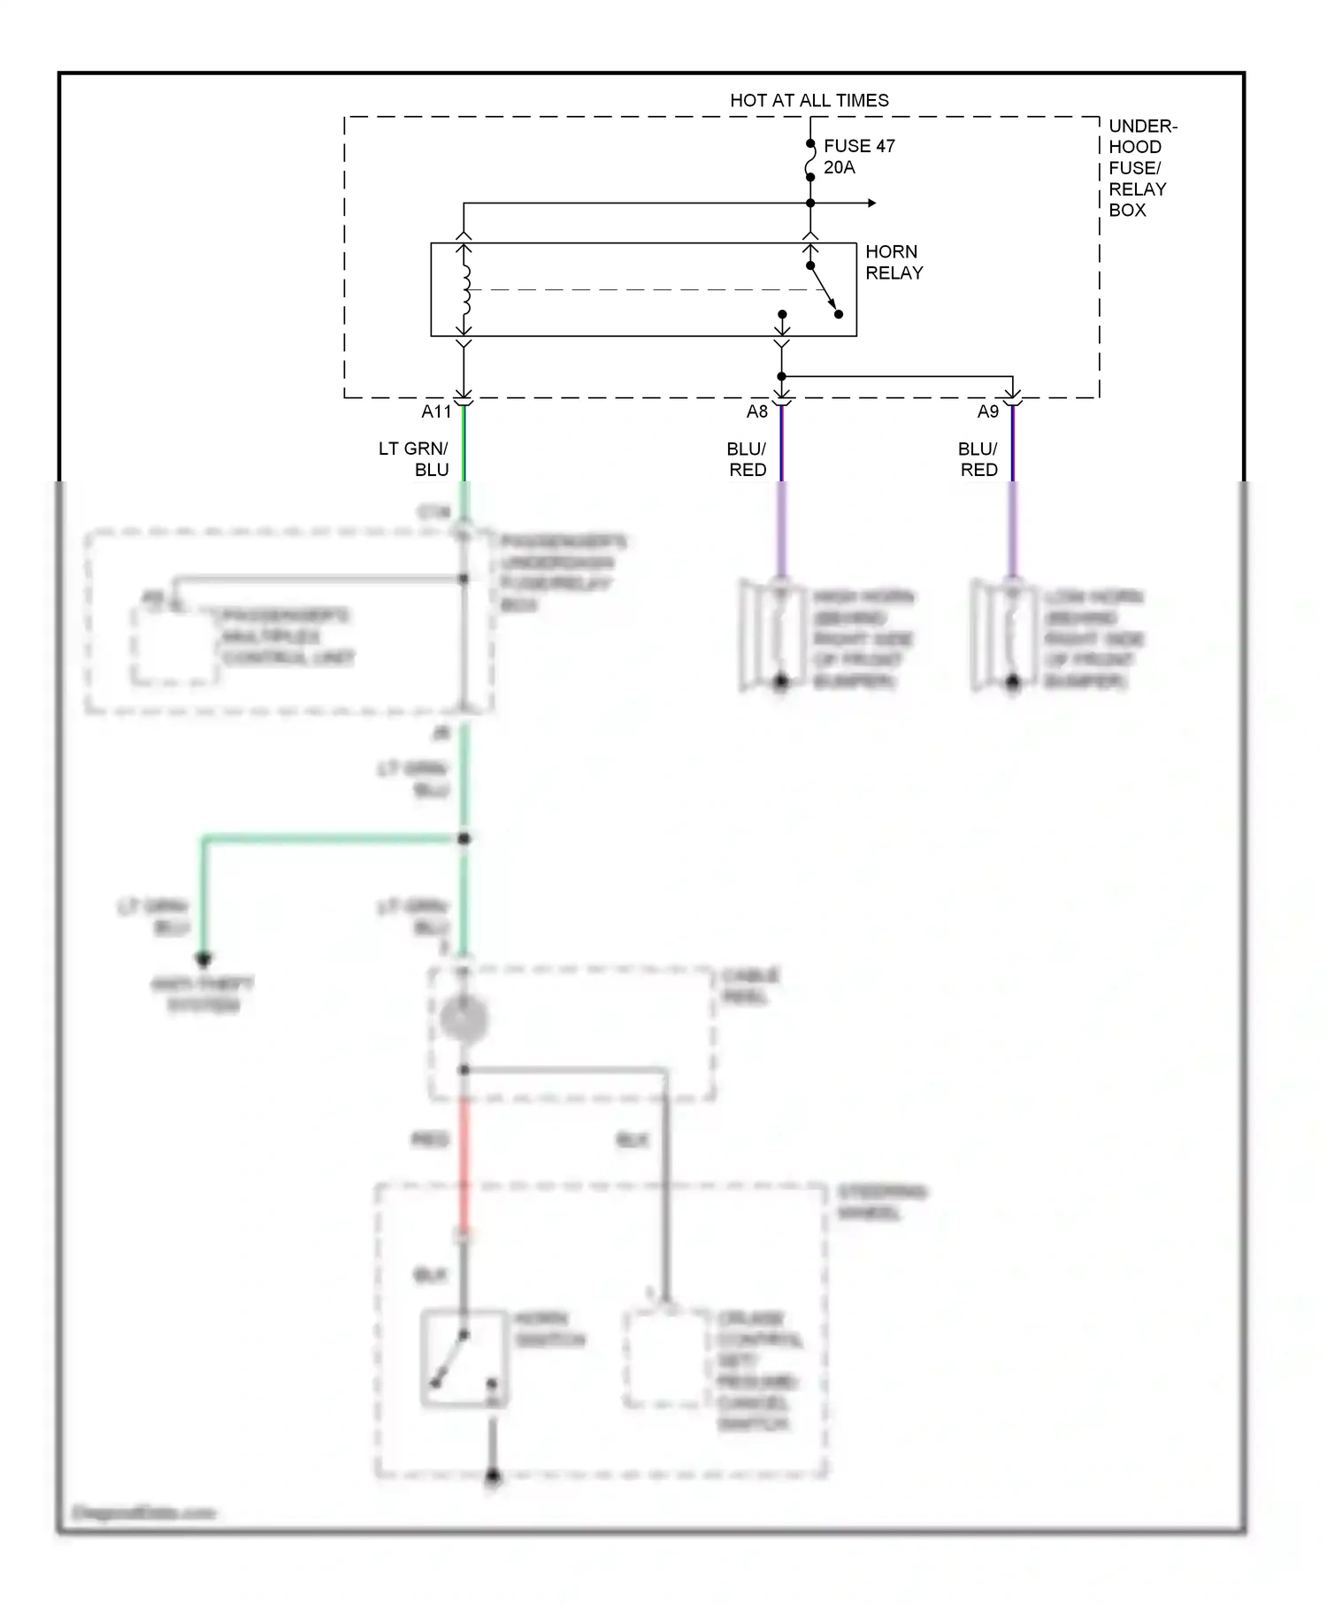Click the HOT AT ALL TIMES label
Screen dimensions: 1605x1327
[809, 100]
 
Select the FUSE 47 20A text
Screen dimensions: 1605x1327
[857, 156]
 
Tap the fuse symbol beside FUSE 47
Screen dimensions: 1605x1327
[809, 160]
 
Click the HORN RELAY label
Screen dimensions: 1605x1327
[893, 262]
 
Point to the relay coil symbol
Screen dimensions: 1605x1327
[464, 289]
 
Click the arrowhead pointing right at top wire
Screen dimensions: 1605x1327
[871, 204]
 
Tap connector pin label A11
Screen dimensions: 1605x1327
[435, 411]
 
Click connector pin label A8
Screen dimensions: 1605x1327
[756, 411]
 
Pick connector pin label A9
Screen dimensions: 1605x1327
[987, 411]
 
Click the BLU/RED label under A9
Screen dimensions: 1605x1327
[978, 459]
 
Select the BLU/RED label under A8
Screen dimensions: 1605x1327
[747, 459]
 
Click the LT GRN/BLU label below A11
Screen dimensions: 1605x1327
[414, 459]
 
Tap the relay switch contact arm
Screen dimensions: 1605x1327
[823, 289]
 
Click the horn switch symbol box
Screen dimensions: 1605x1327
[464, 1358]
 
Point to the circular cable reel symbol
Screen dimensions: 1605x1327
[464, 1019]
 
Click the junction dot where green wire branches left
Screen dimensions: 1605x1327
[464, 838]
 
